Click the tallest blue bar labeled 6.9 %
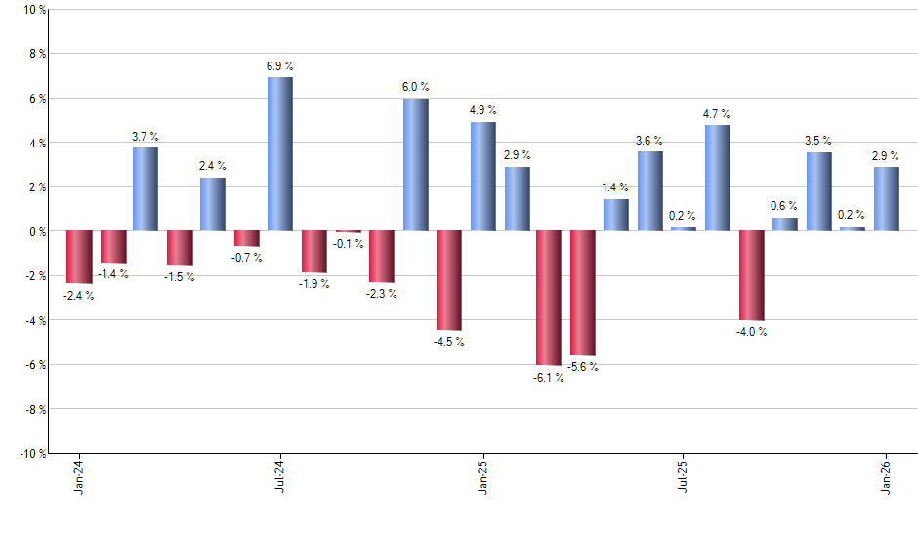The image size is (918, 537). coord(279,154)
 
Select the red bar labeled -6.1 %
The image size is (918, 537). coord(549,298)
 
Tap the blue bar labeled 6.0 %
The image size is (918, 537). coord(415,164)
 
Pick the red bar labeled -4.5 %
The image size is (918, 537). coord(448,280)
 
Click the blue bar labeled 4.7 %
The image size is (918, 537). coord(717,178)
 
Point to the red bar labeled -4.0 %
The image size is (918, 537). coord(751,275)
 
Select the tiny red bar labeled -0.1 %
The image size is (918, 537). coord(348,232)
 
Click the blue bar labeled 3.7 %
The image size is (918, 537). coord(146,189)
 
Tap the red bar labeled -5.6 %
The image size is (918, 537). coord(583,293)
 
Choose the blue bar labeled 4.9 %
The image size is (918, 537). coord(482,177)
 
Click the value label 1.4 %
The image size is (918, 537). coord(616,187)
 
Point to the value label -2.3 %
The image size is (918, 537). coord(382,294)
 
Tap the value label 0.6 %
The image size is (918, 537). coord(784,206)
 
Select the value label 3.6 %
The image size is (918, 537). coord(649,140)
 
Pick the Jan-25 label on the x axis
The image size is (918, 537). coord(483,477)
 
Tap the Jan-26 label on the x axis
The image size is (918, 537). coord(887,477)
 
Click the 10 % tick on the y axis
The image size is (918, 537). coord(34,10)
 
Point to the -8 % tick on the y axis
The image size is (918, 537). coord(34,409)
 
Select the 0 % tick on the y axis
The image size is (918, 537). coord(37,231)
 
